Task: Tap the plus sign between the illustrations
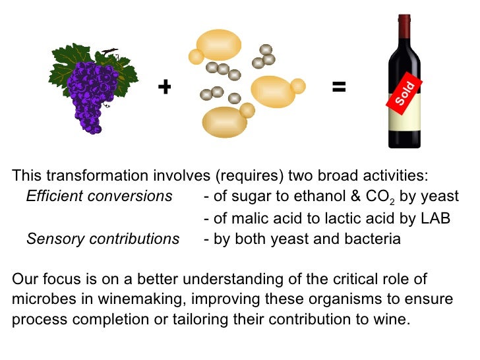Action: (x=164, y=86)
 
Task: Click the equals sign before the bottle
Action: (x=339, y=86)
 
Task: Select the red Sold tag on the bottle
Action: (x=404, y=93)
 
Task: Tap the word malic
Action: (x=245, y=218)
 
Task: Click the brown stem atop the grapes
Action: (x=111, y=51)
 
